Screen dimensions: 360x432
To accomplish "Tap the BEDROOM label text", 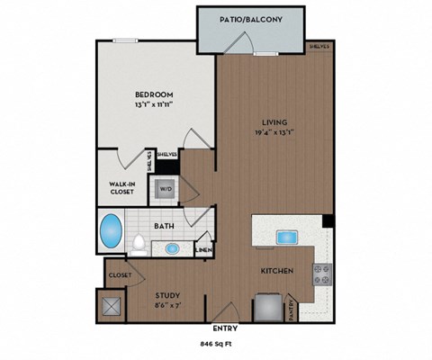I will click(154, 94).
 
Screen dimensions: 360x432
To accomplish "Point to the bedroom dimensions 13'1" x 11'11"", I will click(154, 105).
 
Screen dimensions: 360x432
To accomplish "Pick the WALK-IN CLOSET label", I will click(121, 186).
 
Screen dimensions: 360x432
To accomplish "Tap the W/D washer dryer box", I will click(166, 189).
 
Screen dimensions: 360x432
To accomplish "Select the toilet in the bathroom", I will click(139, 241).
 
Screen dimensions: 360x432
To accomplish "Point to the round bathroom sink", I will click(173, 248).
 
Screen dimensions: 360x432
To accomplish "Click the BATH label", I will click(164, 227).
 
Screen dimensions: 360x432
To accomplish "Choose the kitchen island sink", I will click(288, 238).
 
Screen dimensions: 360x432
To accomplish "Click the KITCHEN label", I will click(274, 270).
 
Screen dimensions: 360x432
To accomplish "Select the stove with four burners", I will click(321, 274).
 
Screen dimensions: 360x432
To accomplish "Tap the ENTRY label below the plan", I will click(224, 328).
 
